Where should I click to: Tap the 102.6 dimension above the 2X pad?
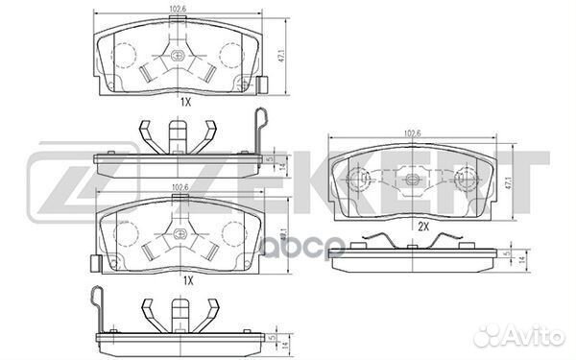(413, 134)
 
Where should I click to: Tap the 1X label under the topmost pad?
(184, 101)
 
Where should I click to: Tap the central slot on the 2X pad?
(415, 177)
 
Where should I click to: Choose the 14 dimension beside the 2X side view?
(519, 260)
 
